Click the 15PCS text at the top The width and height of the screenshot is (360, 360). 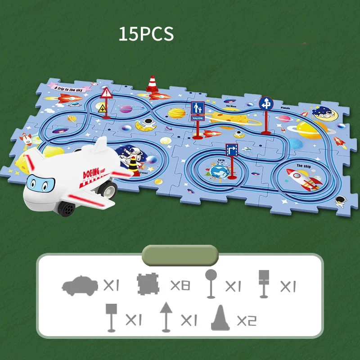[146, 34]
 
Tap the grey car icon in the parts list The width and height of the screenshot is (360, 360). [80, 285]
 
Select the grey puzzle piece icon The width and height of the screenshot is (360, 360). [148, 285]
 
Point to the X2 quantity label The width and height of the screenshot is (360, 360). [246, 320]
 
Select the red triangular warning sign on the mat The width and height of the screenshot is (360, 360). [106, 93]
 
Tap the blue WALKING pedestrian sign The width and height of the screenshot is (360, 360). [198, 110]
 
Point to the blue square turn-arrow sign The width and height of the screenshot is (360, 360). [231, 150]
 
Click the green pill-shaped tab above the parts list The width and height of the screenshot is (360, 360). [180, 255]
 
